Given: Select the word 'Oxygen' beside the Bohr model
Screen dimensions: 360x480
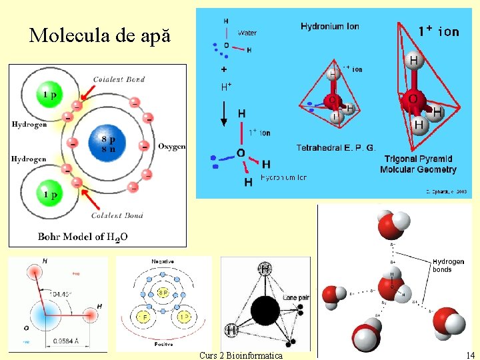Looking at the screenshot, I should pos(172,147).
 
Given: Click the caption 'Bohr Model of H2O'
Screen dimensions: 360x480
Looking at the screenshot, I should pos(83,237).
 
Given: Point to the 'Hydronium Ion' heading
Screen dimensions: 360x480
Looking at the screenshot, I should pos(330,27).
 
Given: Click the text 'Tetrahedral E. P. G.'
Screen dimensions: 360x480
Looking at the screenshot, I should pos(336,147).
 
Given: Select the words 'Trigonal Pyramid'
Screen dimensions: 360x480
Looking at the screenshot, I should pos(418,159).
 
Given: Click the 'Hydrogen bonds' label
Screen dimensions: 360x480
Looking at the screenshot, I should pos(448,265).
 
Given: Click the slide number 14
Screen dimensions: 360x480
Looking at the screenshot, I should pos(470,355).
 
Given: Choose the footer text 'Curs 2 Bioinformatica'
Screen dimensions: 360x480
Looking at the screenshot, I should pos(240,355).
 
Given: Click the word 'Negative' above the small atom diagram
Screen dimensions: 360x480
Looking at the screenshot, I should pos(163,262).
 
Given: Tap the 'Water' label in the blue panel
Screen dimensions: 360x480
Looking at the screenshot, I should pos(247,32).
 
